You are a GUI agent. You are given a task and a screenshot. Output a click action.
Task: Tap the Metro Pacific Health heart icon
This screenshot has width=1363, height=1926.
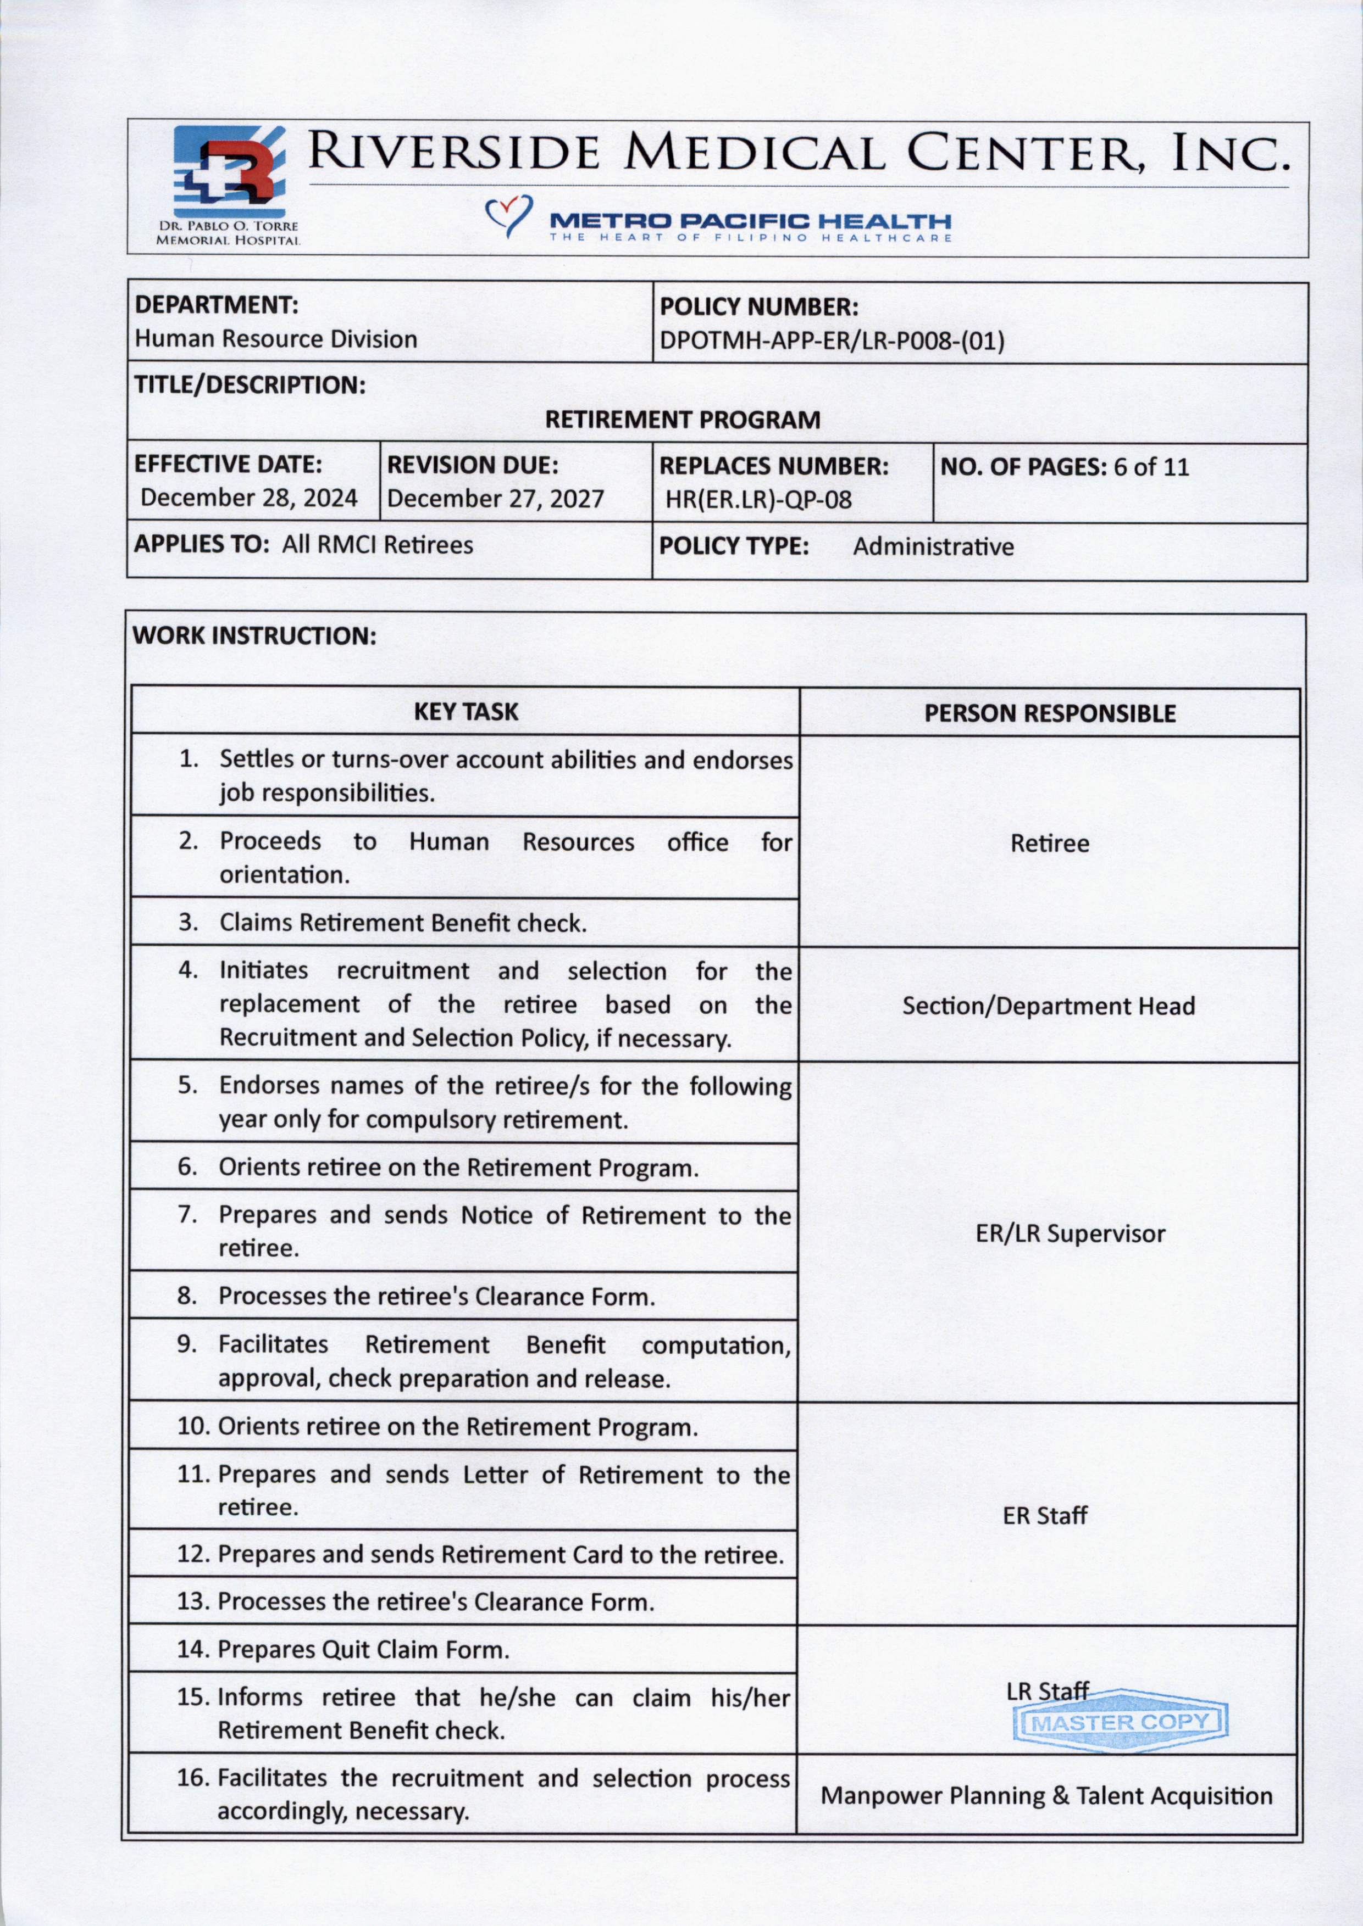[x=508, y=215]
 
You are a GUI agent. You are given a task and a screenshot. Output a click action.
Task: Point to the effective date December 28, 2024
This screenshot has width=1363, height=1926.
[x=248, y=498]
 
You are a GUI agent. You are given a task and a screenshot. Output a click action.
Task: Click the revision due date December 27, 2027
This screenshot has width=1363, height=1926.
[x=495, y=498]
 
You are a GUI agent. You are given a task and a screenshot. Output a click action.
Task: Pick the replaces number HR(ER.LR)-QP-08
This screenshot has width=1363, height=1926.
[x=758, y=500]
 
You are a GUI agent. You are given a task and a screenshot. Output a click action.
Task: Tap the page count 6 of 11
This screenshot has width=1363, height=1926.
[x=1151, y=467]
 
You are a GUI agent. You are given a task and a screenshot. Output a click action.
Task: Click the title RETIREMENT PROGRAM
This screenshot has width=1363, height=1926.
[x=683, y=420]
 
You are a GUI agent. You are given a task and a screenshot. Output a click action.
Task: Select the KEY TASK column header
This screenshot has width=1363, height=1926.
[x=466, y=712]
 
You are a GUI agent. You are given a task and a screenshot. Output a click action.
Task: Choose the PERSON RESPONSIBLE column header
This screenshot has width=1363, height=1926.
[x=1049, y=714]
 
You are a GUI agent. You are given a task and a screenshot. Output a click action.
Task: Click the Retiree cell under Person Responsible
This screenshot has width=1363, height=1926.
[x=1049, y=843]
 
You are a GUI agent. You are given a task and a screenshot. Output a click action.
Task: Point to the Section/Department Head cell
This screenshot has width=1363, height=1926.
[x=1048, y=1006]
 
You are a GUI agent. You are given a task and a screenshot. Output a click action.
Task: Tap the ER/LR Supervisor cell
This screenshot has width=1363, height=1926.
[x=1070, y=1233]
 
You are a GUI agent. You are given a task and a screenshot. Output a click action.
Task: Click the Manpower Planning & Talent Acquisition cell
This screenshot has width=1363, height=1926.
[x=1046, y=1796]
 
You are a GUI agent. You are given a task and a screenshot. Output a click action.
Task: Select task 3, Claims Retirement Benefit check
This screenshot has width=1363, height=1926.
[x=403, y=923]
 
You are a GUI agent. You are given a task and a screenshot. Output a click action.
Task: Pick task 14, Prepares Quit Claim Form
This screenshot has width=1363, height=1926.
[x=363, y=1650]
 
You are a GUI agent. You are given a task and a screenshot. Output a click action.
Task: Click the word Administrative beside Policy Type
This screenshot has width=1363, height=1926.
[x=933, y=547]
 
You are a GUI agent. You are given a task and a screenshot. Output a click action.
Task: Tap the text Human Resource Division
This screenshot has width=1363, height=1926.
[x=276, y=339]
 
